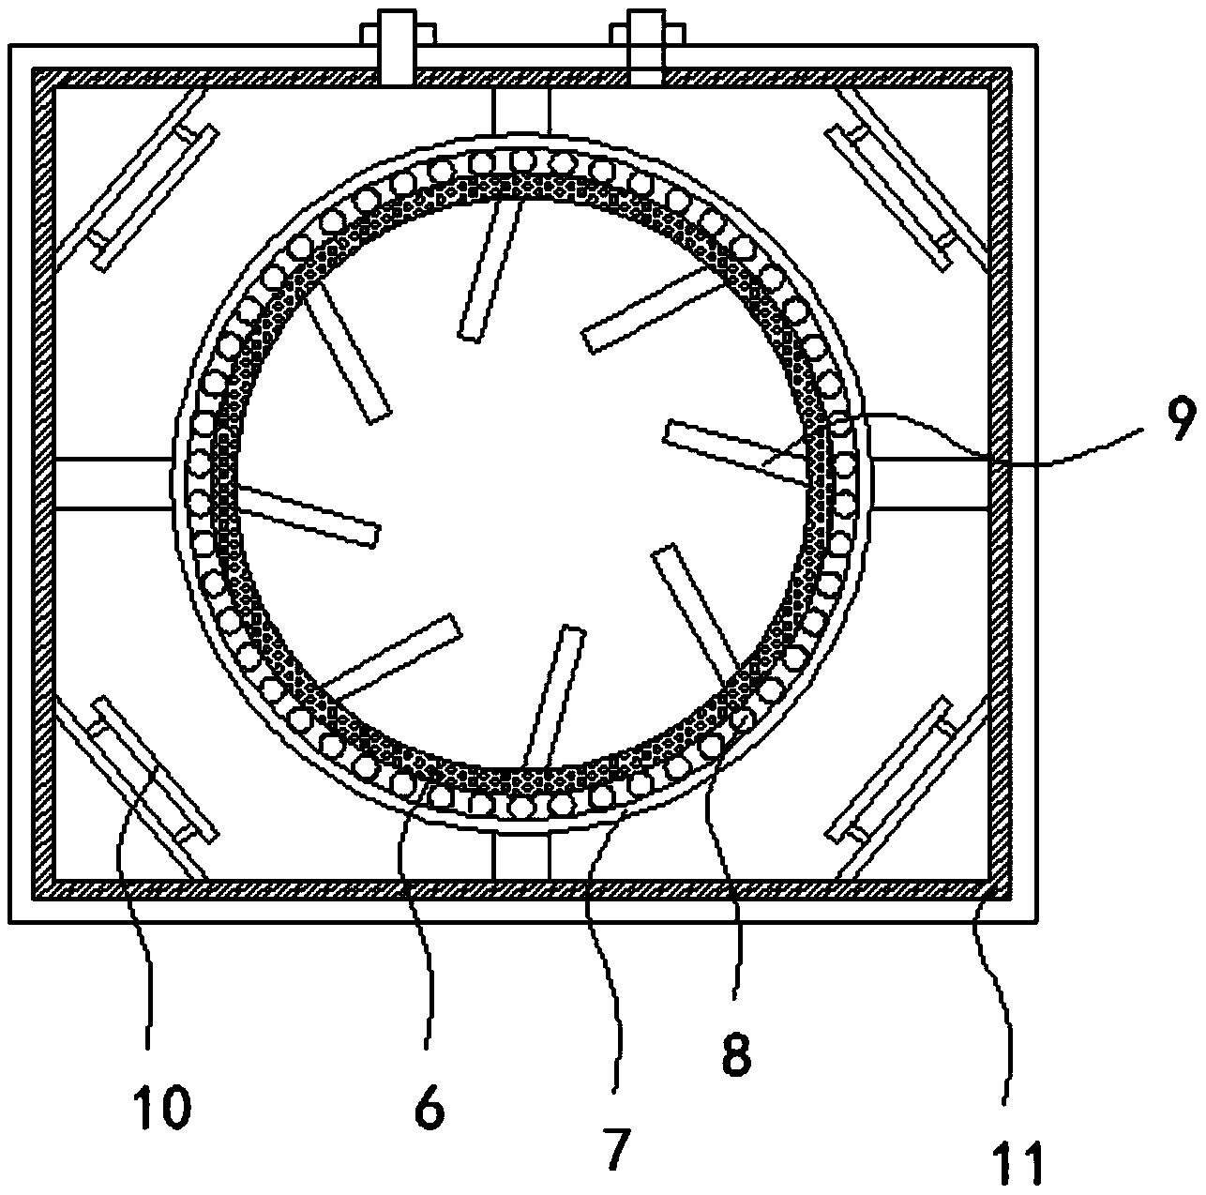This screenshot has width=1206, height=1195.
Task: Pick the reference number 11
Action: click(x=1019, y=1159)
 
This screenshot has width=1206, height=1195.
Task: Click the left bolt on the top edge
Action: click(x=398, y=47)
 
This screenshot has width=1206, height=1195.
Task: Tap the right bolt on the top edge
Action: click(x=646, y=47)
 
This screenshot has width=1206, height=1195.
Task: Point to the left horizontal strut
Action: click(x=113, y=483)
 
